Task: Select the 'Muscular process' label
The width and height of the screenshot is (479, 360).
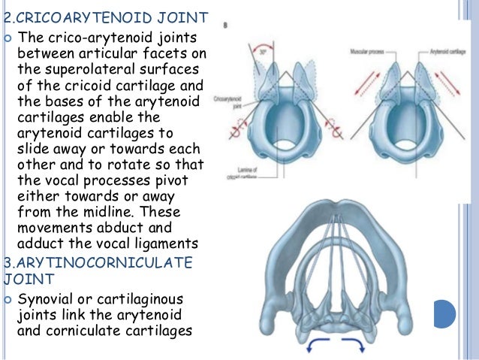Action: (x=368, y=52)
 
